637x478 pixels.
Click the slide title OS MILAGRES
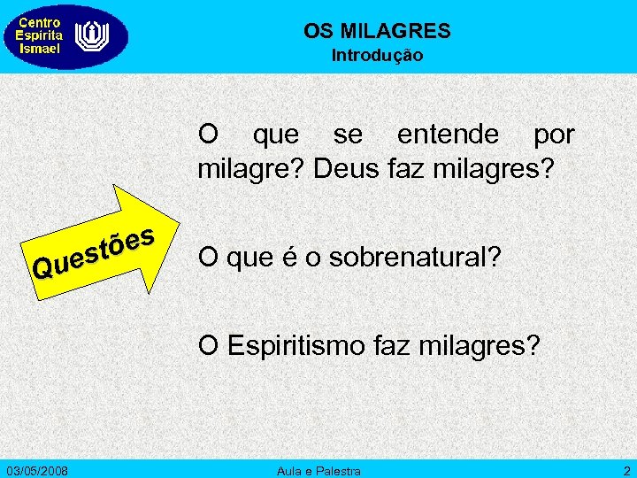coord(377,32)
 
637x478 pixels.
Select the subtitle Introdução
coord(377,56)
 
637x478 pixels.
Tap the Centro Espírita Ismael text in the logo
coord(40,36)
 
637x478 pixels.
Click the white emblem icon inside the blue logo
coord(89,37)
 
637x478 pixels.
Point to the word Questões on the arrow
coord(94,250)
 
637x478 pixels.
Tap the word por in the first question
coord(553,135)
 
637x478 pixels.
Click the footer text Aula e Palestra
coord(318,468)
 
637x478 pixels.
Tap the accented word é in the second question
coord(290,258)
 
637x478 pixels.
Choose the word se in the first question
coord(348,135)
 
